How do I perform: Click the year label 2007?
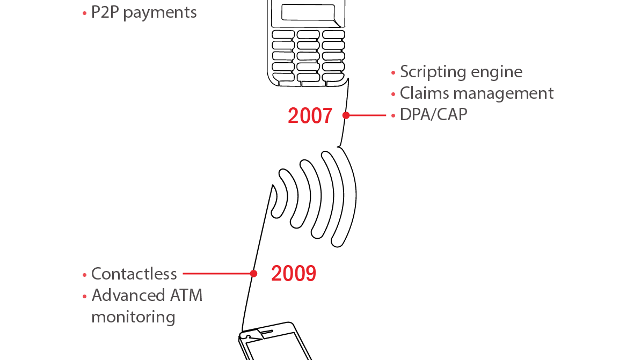[x=310, y=115]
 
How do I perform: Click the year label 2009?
[x=293, y=274]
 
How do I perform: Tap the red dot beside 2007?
[x=346, y=115]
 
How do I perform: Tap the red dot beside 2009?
[x=253, y=274]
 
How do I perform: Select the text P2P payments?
[x=144, y=12]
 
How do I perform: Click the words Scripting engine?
[x=461, y=72]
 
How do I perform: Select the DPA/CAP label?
[x=433, y=115]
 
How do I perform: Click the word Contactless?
[x=134, y=274]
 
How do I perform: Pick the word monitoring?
[x=133, y=317]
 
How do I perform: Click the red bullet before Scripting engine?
[x=393, y=72]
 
